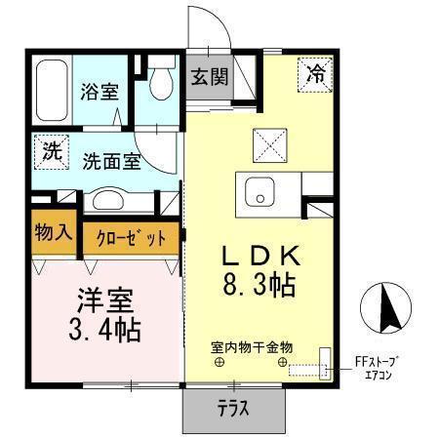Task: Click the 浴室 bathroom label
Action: tap(100, 93)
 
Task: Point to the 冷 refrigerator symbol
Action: tap(316, 72)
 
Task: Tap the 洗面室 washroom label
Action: tap(109, 161)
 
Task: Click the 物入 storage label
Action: tap(54, 234)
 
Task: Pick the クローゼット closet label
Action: tap(132, 238)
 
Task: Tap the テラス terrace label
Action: tap(231, 409)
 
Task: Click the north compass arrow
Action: tap(383, 310)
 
